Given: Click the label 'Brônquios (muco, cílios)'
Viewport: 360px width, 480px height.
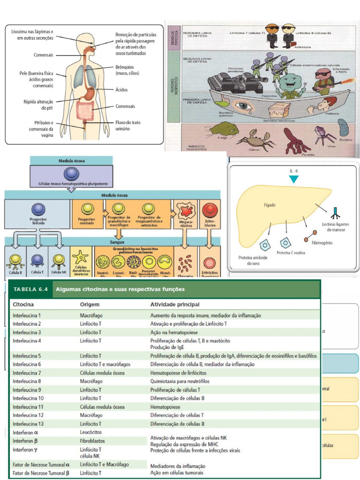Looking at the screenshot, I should coord(127,70).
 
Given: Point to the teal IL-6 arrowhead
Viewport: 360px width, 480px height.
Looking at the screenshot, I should coord(293,179).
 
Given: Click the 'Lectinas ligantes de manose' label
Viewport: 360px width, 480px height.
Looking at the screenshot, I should coord(336,227).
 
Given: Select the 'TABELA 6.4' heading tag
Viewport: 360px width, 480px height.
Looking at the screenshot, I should coord(30,289).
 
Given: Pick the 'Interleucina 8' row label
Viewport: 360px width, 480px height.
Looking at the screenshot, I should coord(27,381).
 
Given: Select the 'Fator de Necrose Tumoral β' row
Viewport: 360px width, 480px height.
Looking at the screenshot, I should coord(41,473).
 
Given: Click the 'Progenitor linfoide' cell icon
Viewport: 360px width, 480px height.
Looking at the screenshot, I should coord(38,209).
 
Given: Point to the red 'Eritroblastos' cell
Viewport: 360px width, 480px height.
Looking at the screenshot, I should coord(210,210).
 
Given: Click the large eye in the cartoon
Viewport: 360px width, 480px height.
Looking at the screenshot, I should coord(243,105).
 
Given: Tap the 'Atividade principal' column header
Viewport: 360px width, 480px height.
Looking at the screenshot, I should coord(175,305).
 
